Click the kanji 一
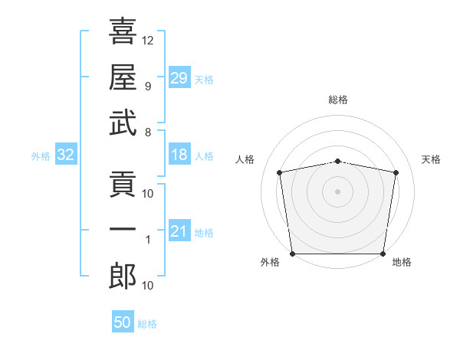[123, 229]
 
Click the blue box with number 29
[179, 77]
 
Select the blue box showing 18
[179, 155]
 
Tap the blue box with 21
[179, 231]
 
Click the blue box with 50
[123, 322]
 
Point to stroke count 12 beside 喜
[148, 39]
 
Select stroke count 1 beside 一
[148, 240]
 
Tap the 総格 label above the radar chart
[338, 100]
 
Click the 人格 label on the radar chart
[246, 159]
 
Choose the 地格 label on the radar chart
[402, 262]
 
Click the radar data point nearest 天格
[396, 172]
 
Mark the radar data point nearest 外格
[292, 254]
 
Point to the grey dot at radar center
[338, 191]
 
